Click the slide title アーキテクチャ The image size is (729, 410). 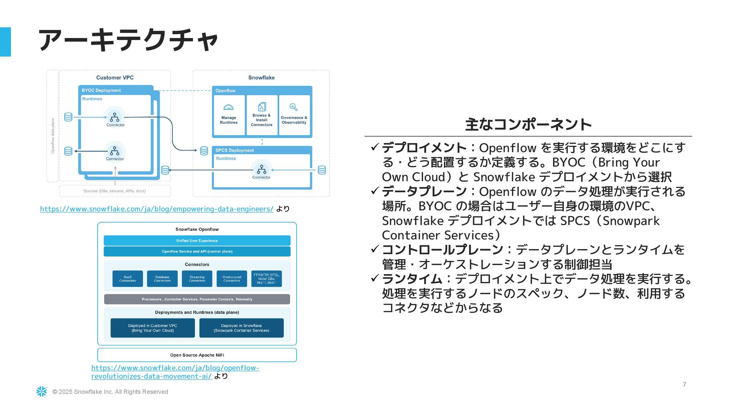(128, 40)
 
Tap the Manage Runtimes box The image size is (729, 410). (229, 115)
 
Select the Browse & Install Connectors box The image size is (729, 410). (262, 115)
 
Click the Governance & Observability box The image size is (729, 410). (294, 115)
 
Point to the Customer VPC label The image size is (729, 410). (115, 77)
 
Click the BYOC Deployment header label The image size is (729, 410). (101, 90)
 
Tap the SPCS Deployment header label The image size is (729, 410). (234, 150)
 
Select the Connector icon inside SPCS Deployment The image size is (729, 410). (262, 169)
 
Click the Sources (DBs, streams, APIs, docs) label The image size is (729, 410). (114, 191)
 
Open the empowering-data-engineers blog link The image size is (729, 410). (156, 209)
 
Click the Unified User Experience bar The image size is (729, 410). (197, 241)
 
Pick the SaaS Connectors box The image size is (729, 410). (128, 279)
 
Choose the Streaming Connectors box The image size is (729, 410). (197, 279)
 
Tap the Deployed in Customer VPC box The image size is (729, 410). (153, 328)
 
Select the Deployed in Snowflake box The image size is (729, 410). (241, 328)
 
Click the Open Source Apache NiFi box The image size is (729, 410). (197, 355)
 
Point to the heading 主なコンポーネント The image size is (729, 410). (528, 125)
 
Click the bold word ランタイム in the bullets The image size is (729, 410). (412, 279)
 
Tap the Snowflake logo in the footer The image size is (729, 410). (42, 391)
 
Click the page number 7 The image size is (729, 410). (684, 384)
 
